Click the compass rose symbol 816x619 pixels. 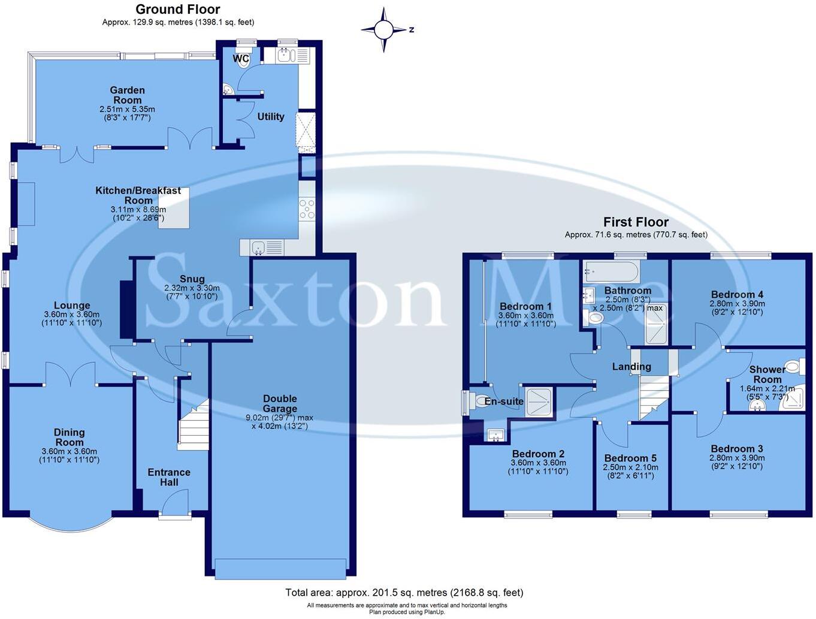tap(385, 29)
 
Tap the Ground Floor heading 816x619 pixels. tap(177, 9)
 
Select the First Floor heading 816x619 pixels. tap(636, 222)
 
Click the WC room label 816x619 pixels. tap(241, 59)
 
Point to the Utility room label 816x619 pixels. tap(271, 116)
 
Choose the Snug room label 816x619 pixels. tap(192, 279)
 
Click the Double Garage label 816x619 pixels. tap(280, 403)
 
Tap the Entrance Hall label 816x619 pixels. tap(169, 477)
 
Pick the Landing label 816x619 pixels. tap(631, 367)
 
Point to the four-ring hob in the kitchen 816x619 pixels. tap(307, 209)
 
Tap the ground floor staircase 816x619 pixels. tap(194, 425)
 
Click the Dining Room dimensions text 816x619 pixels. tap(69, 455)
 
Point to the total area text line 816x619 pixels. tap(404, 593)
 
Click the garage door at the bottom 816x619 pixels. tap(280, 568)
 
